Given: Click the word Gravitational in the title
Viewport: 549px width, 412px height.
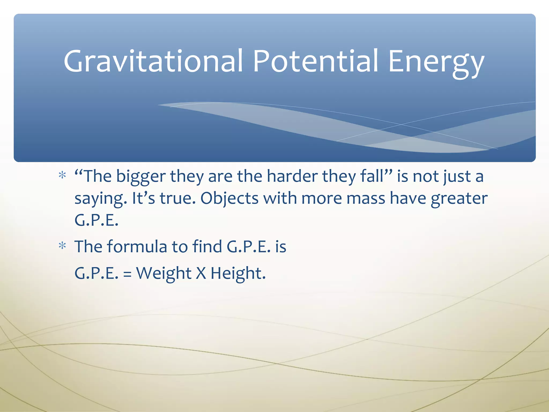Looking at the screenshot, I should tap(153, 62).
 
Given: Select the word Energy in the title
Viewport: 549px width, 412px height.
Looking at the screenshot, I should tap(436, 63).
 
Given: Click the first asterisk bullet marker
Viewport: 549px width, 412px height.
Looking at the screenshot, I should tap(62, 176).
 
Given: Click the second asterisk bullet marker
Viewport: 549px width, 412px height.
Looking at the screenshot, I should tap(62, 246).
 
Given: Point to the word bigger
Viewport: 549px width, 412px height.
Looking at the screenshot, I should tap(141, 177).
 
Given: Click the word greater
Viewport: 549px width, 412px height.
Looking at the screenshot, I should tap(459, 199).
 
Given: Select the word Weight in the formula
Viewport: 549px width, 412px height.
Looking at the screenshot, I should tap(164, 274).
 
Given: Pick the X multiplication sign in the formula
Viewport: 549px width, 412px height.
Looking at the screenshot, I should tap(201, 274).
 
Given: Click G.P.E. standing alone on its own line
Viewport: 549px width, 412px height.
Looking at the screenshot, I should tap(96, 220).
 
